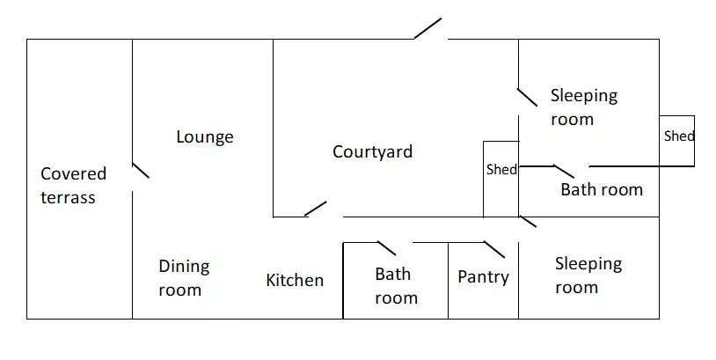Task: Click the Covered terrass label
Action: pos(73,186)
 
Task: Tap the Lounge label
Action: pos(205,136)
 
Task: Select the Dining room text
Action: pos(184,277)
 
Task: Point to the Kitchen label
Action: pos(295,280)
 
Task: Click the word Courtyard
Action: pos(372,151)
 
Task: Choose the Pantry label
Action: pos(483,276)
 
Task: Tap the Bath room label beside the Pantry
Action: pos(396,285)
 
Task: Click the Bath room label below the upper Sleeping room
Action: pos(602,188)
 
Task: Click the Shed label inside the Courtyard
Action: pos(501,169)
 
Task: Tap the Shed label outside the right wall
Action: pos(678,136)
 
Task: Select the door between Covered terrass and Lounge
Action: pos(140,170)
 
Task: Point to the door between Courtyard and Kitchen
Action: pos(316,209)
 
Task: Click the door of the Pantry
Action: pos(493,248)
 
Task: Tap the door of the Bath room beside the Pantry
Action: pos(387,248)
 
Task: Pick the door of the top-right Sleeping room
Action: pos(527,97)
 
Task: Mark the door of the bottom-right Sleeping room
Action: pos(528,221)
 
